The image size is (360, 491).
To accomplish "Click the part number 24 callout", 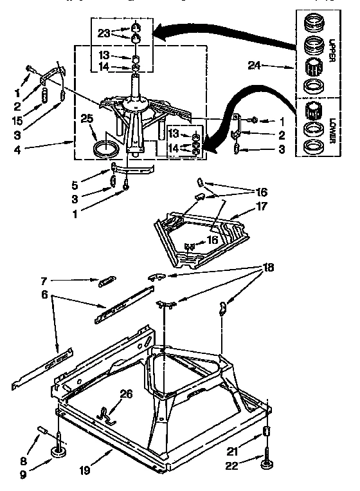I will click(x=255, y=65).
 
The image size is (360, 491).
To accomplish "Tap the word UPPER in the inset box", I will click(x=332, y=51).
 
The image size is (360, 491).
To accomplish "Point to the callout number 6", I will click(x=44, y=278).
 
